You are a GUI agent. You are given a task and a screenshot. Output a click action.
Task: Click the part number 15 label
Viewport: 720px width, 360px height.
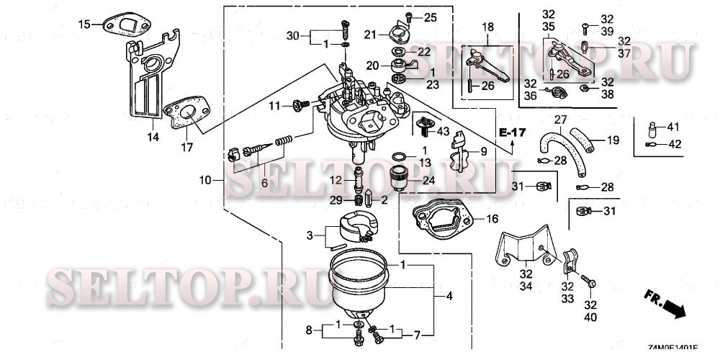(x=84, y=24)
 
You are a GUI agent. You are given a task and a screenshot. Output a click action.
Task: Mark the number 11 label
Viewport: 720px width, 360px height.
(x=274, y=107)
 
